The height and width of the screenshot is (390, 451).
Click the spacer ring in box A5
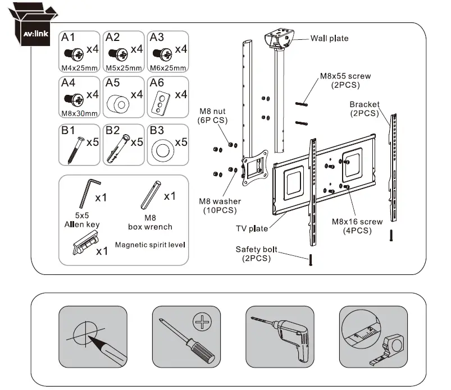117,103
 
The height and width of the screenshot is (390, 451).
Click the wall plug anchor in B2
120,148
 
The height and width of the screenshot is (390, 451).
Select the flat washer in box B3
162,150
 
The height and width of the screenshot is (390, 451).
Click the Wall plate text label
330,39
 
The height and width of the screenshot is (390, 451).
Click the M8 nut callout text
212,116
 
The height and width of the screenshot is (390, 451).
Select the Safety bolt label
254,254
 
